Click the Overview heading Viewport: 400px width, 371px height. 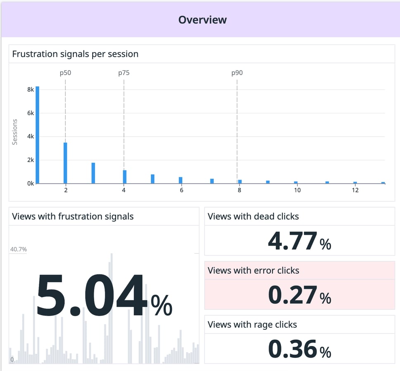click(x=202, y=20)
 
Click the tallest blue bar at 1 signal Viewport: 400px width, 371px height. click(x=37, y=135)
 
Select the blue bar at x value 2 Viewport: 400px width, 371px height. click(x=65, y=163)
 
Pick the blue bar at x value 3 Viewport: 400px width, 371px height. click(x=93, y=173)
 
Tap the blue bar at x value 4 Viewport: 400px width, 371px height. click(x=124, y=177)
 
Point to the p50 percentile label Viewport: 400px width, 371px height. click(x=65, y=73)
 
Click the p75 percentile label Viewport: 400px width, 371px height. click(x=124, y=73)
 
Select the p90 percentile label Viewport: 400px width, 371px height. click(x=237, y=73)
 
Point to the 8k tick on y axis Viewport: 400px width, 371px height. click(x=30, y=90)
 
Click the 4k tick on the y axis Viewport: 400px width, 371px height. click(x=30, y=137)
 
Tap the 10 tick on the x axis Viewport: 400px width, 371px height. click(x=297, y=190)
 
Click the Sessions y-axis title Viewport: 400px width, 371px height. click(x=15, y=132)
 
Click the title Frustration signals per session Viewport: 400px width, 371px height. click(x=75, y=54)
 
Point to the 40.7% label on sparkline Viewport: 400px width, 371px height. click(x=18, y=249)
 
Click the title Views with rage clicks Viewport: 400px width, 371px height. click(x=252, y=325)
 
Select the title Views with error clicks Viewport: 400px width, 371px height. click(x=253, y=271)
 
